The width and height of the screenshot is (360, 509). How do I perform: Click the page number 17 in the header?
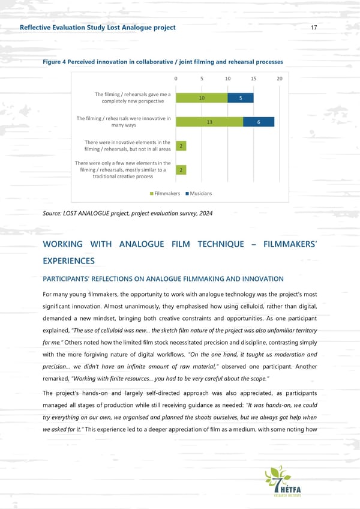[x=314, y=28]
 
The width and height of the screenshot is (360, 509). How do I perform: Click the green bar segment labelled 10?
[x=202, y=98]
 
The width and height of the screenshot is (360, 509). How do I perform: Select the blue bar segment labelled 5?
[x=241, y=98]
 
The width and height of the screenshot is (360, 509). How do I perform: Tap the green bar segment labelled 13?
[x=209, y=122]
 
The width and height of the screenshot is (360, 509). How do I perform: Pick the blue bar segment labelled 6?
[x=258, y=122]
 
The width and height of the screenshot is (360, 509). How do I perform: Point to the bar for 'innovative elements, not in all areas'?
[x=181, y=146]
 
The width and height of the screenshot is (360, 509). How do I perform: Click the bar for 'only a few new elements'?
[x=181, y=170]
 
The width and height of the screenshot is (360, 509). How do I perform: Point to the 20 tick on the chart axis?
[x=280, y=79]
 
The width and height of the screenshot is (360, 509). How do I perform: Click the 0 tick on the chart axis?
[x=176, y=79]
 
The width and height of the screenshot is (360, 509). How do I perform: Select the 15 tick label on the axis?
[x=254, y=79]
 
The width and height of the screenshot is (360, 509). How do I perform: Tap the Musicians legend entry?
[x=199, y=193]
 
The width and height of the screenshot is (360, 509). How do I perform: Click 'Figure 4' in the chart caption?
[x=55, y=62]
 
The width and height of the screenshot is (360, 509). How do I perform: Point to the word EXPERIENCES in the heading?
[x=69, y=261]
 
